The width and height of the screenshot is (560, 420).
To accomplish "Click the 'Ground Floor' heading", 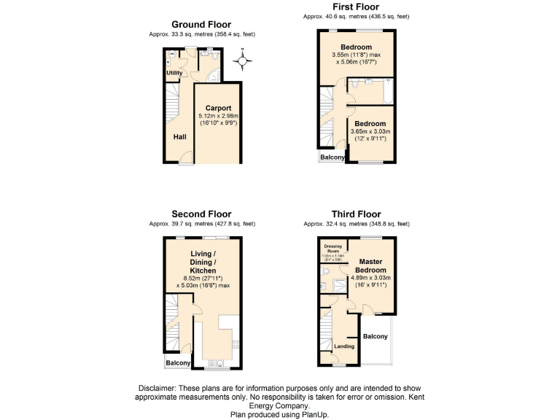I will tap(201, 25).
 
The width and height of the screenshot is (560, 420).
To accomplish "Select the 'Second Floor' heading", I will tap(201, 214).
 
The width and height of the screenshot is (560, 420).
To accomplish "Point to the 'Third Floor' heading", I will tap(356, 214).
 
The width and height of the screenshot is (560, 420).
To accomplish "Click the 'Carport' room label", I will tap(218, 108).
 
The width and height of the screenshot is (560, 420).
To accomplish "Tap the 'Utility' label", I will tap(174, 73).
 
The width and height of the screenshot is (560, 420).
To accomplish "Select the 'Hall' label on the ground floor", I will tap(179, 136).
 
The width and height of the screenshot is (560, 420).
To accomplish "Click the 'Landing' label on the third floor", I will tap(344, 346).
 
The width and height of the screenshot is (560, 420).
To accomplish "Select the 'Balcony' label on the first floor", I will tap(332, 157).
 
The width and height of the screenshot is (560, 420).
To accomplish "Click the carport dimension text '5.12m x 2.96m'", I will tap(218, 116).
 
